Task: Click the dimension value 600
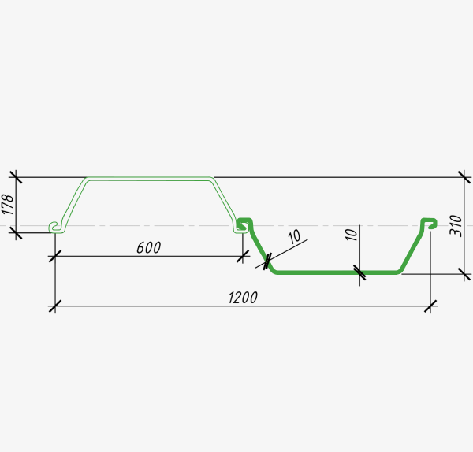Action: (x=149, y=247)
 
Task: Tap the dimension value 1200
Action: (x=243, y=298)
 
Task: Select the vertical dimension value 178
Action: (x=8, y=205)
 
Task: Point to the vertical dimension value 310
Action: (x=456, y=226)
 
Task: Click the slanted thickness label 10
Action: (x=294, y=236)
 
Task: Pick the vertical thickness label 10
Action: (x=351, y=235)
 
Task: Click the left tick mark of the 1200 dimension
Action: (x=55, y=306)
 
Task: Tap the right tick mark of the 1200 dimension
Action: (x=430, y=306)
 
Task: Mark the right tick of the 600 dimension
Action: (x=243, y=256)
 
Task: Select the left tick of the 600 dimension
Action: (x=55, y=256)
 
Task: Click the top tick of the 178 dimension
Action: (x=16, y=177)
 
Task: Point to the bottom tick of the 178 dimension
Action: (x=16, y=232)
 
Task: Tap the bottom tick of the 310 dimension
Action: (x=464, y=274)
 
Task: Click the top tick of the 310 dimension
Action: (x=464, y=177)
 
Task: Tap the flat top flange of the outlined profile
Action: (x=149, y=179)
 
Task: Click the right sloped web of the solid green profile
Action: (x=412, y=250)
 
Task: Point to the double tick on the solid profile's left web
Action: (x=267, y=261)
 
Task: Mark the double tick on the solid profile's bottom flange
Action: (x=359, y=272)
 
